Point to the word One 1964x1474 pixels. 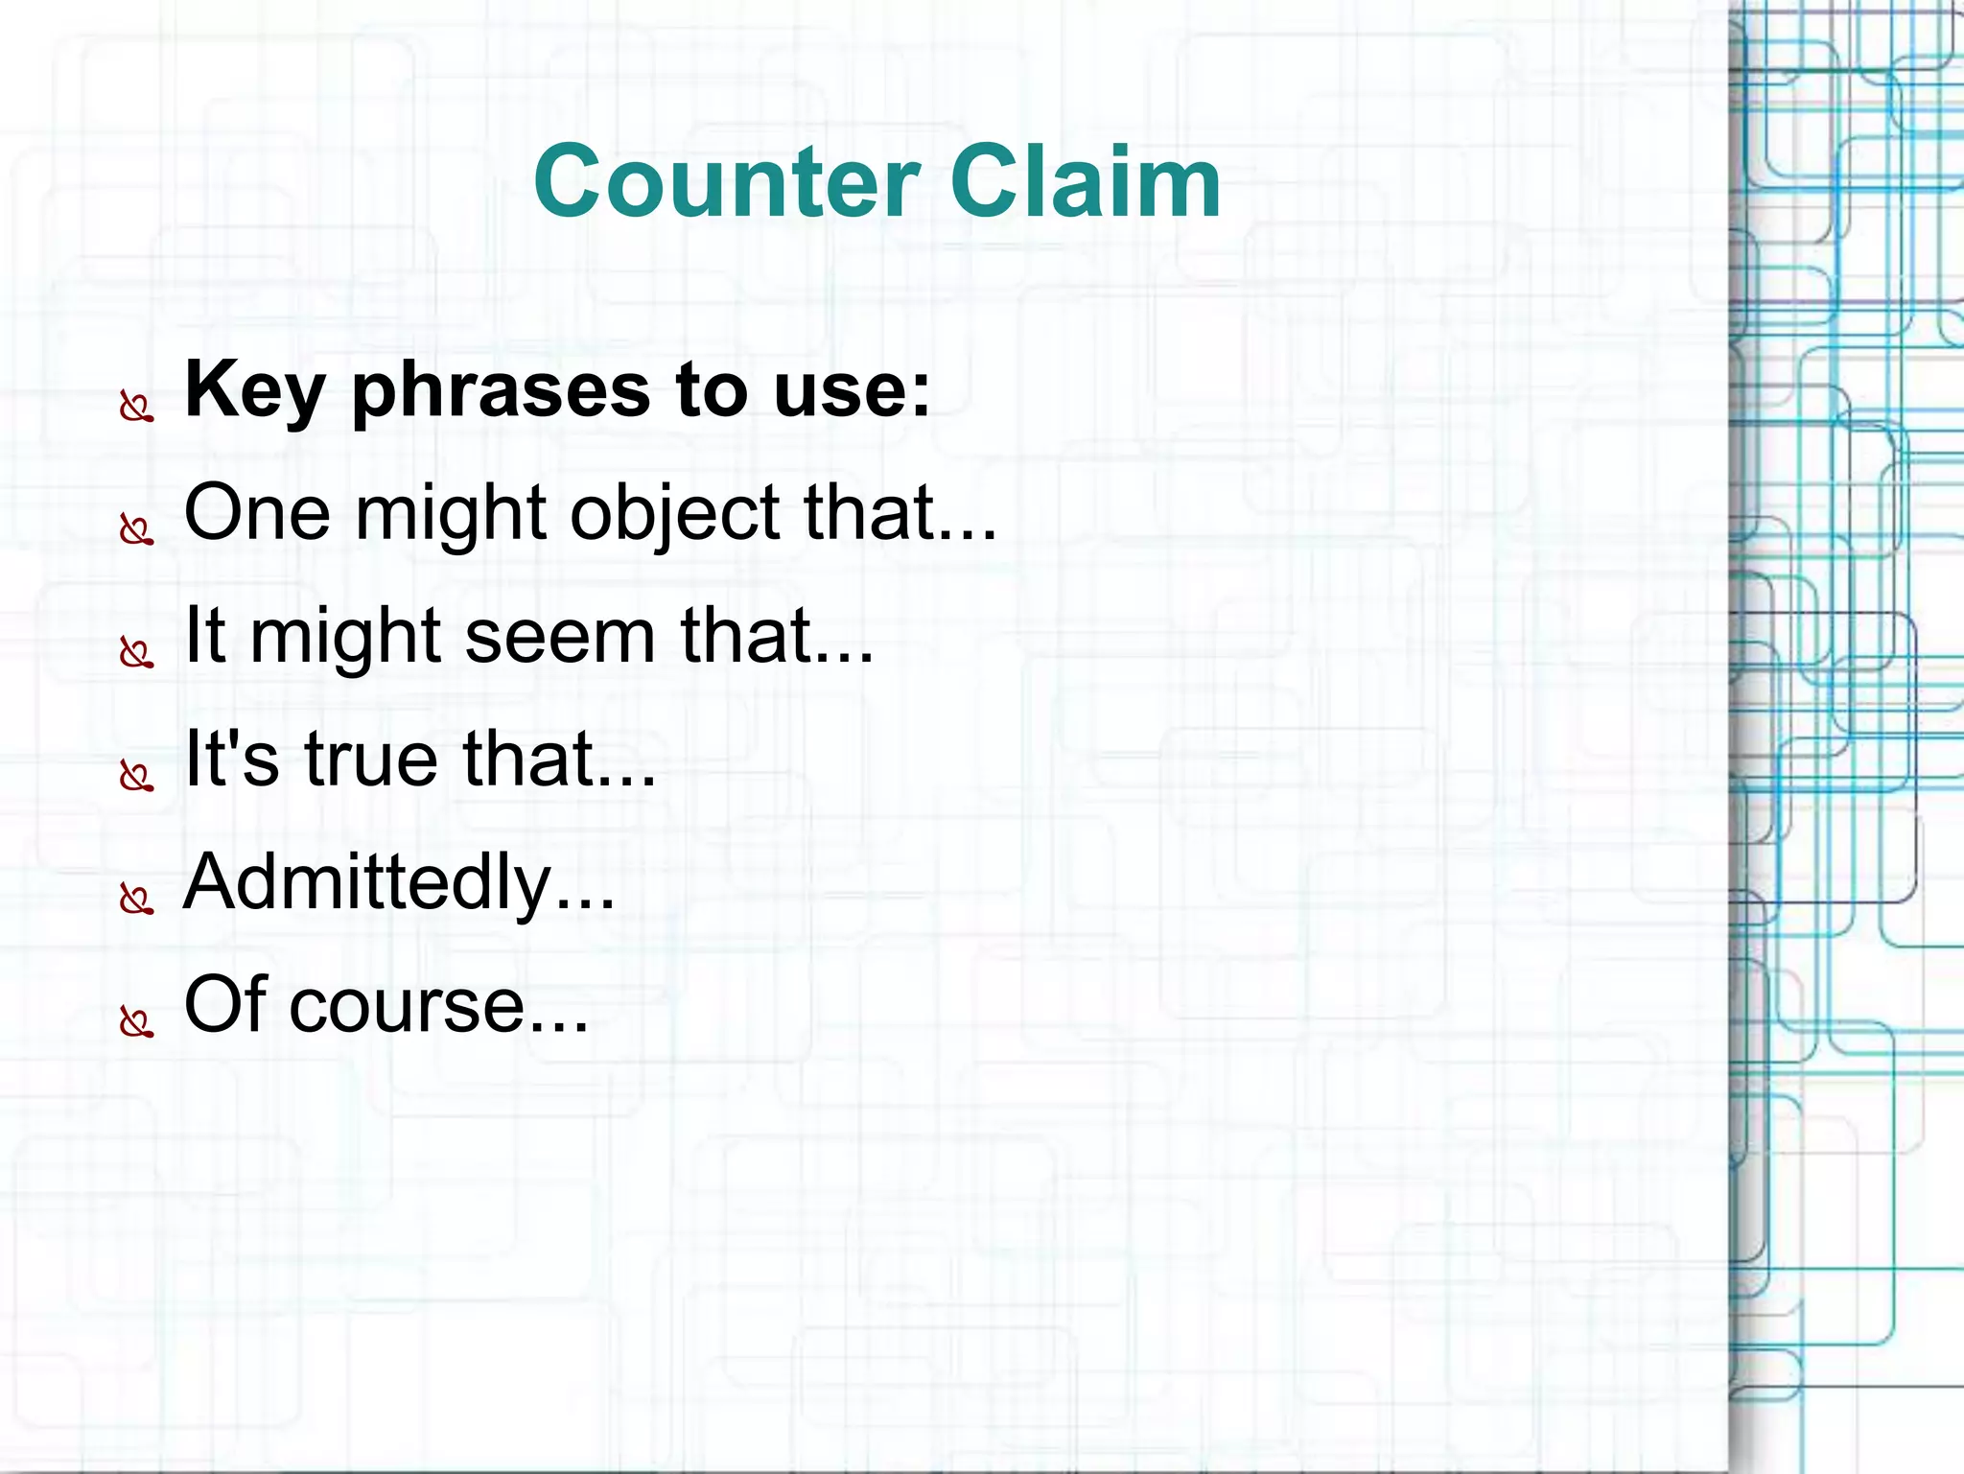257,513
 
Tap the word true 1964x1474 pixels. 371,760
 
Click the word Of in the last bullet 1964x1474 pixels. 224,1004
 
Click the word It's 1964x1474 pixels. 231,760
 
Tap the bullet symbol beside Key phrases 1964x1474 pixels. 136,408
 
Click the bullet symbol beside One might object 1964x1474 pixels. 136,529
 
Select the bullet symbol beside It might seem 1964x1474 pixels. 136,653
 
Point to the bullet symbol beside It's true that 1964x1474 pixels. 136,776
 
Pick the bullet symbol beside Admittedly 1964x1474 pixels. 136,900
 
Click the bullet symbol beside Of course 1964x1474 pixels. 136,1022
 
